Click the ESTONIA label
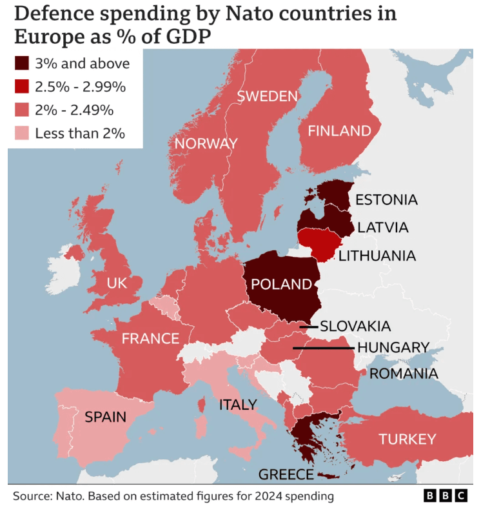[386, 199]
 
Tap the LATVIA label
[383, 228]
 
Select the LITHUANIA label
[377, 256]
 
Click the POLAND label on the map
[281, 284]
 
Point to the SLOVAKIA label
[355, 326]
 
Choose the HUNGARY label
[393, 348]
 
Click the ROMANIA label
[404, 374]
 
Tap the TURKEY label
[407, 439]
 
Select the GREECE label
[286, 475]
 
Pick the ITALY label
[238, 405]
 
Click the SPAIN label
[105, 417]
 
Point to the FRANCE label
[150, 338]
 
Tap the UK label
[117, 283]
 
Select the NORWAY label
[206, 143]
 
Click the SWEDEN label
[268, 97]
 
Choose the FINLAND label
[339, 131]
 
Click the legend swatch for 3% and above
[22, 63]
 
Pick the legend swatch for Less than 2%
[22, 134]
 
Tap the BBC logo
[445, 495]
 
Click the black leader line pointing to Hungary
[323, 348]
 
